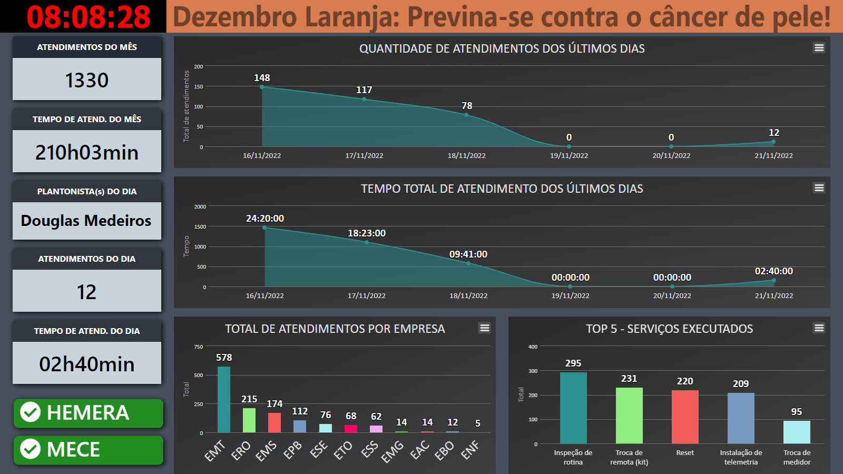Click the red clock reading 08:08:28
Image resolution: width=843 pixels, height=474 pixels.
(89, 17)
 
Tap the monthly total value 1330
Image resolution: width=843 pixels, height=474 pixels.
(87, 80)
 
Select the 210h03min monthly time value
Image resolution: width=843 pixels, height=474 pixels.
(87, 152)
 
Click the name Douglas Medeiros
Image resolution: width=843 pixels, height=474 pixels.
(86, 221)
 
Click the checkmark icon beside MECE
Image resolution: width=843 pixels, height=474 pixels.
(30, 449)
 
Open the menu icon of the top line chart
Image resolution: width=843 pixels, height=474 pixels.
(819, 48)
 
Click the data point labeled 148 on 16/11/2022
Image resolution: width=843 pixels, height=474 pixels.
(262, 87)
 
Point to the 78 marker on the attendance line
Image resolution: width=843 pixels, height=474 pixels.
(466, 115)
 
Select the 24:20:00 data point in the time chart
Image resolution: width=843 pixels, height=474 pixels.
(264, 228)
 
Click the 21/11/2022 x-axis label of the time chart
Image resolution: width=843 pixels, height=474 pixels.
(774, 295)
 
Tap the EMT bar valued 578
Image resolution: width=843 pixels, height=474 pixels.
(224, 400)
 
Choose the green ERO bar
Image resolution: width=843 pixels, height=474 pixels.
(249, 420)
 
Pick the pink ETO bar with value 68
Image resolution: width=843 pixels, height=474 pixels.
(351, 429)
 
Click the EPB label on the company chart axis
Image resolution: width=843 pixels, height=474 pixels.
(292, 450)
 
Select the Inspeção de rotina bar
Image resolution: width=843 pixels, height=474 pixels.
(573, 408)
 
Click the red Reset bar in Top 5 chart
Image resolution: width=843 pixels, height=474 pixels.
(685, 417)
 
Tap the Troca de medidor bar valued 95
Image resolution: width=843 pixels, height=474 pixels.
(797, 432)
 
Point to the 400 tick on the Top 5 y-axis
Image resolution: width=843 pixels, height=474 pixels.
(533, 347)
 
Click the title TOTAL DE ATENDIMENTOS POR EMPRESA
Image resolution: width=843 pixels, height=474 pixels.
(335, 329)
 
